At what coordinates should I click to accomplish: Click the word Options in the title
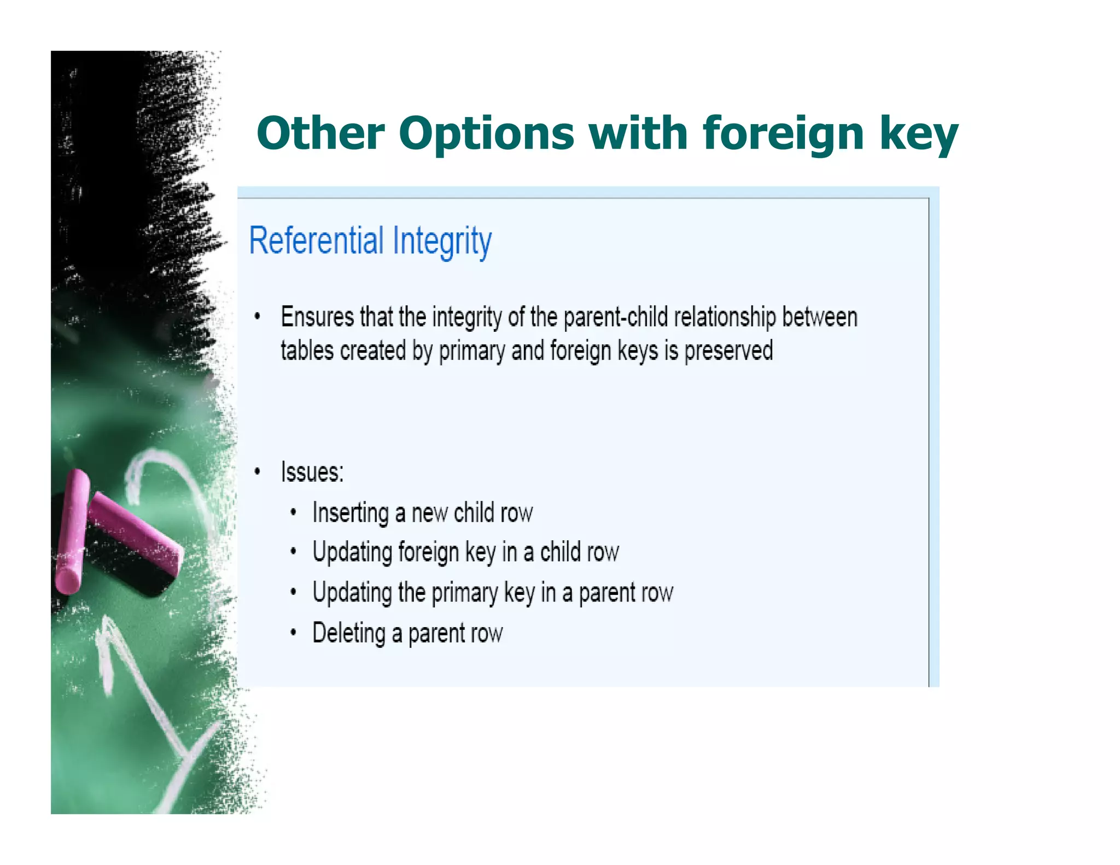pos(486,134)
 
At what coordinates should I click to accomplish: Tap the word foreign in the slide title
pos(783,134)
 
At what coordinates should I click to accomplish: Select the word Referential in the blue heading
pos(317,241)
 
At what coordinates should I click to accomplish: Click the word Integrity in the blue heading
pos(442,242)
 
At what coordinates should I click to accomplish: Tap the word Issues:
pos(312,472)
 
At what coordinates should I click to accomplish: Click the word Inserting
pos(351,513)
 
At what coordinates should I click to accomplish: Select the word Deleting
pos(349,633)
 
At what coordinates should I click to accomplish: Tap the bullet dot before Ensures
pos(257,317)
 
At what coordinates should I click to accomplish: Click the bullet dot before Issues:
pos(257,471)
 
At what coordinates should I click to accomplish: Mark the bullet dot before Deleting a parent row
pos(294,633)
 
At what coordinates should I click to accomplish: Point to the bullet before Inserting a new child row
pos(294,512)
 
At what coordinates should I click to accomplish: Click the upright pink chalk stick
pos(73,530)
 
